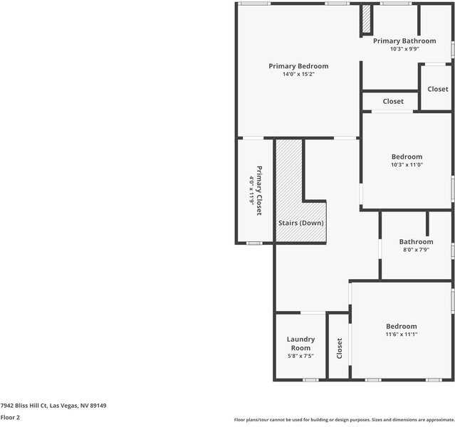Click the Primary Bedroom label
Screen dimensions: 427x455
(x=298, y=66)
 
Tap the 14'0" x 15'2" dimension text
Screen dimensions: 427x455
(x=298, y=74)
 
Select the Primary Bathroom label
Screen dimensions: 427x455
(x=404, y=41)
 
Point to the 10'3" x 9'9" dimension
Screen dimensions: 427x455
(x=404, y=49)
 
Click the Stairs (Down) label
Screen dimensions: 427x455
(x=300, y=223)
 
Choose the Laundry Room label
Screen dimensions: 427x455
(x=300, y=344)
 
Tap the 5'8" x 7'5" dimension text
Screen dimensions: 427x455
(x=300, y=356)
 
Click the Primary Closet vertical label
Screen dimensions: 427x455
(x=259, y=191)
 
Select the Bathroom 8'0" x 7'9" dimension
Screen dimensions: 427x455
(x=416, y=250)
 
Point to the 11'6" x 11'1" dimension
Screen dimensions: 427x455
(x=402, y=334)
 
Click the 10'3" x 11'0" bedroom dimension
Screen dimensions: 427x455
(x=407, y=164)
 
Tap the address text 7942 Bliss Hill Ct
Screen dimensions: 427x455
(x=53, y=406)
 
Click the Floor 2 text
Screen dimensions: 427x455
(x=10, y=418)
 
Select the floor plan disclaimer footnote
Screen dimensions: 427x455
(x=344, y=420)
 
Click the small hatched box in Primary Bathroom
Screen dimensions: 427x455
(x=367, y=20)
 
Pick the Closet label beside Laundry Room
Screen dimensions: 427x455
(x=340, y=348)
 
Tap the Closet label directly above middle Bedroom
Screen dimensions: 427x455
(x=393, y=102)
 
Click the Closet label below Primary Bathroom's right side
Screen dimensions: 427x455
(x=437, y=89)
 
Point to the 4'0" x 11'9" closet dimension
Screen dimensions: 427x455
(x=251, y=191)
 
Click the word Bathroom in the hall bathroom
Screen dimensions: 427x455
(x=416, y=242)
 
